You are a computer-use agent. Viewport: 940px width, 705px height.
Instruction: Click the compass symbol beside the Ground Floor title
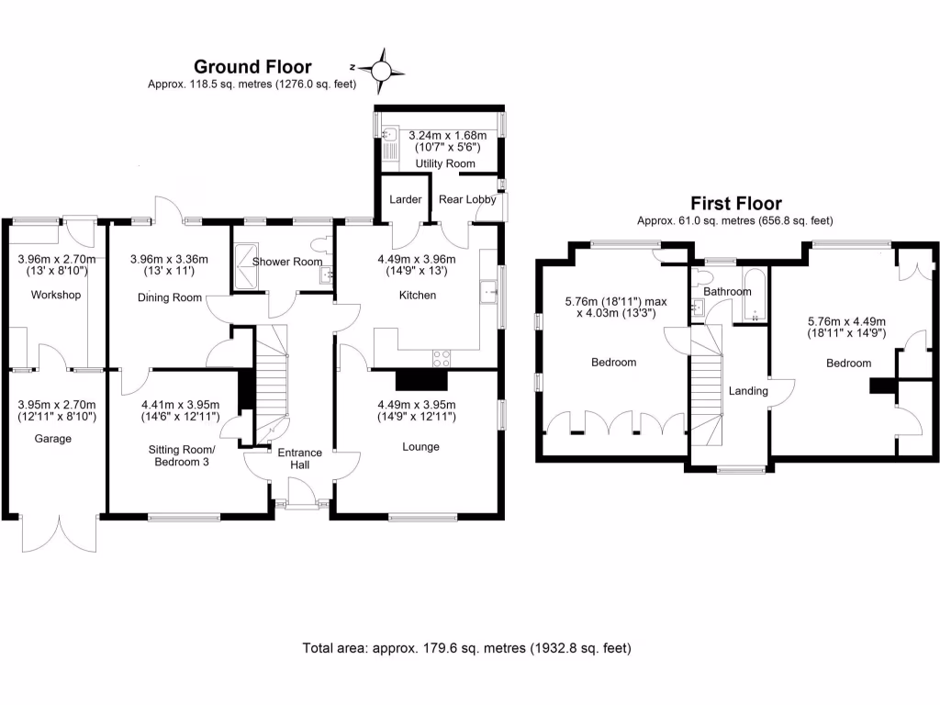coord(383,69)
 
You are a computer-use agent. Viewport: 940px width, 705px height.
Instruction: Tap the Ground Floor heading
coord(252,66)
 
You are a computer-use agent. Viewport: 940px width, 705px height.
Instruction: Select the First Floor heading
coord(735,204)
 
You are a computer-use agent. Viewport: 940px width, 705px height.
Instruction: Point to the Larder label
coord(405,199)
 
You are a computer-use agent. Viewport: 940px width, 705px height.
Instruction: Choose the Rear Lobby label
coord(467,199)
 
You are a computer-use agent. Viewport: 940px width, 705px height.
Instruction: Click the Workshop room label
coord(55,295)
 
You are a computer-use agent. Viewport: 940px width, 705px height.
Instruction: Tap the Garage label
coord(55,439)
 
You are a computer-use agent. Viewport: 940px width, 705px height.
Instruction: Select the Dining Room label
coord(169,297)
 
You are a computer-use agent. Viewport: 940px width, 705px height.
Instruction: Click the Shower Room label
coord(287,262)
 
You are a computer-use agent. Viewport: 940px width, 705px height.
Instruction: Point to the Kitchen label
coord(419,295)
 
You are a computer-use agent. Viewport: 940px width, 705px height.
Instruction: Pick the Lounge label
coord(420,447)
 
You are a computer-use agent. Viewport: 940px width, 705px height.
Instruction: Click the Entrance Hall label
coord(300,459)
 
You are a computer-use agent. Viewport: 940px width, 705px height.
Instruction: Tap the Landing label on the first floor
coord(748,391)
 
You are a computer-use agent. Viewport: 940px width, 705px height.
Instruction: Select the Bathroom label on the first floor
coord(728,291)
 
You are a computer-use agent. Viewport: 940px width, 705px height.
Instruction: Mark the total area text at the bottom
coord(467,648)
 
